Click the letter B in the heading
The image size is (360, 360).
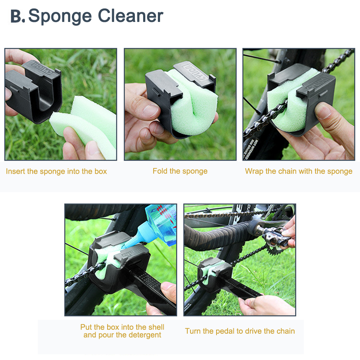16,16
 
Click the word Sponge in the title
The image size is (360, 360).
60,16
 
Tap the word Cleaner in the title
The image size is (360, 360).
131,15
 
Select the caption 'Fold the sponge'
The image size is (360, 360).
180,171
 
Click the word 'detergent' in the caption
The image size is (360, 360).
145,335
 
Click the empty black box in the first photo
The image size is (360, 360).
34,91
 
